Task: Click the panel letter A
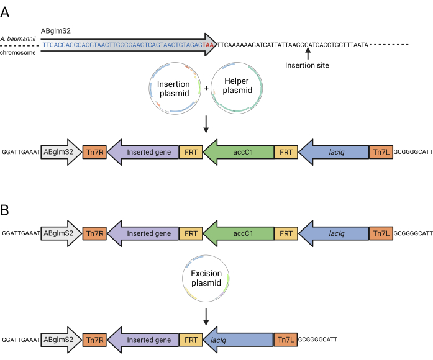click(5, 12)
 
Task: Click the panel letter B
click(4, 210)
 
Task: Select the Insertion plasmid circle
click(149, 89)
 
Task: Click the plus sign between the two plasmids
click(206, 88)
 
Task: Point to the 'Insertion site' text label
click(307, 65)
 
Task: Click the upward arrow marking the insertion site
click(308, 53)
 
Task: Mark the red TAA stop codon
click(208, 45)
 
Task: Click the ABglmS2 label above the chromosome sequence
click(56, 30)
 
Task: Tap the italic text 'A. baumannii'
click(18, 38)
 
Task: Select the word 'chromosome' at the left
click(18, 52)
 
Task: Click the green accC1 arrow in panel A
click(239, 152)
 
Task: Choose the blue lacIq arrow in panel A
click(334, 152)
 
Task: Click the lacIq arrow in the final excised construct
click(238, 340)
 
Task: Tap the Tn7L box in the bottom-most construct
click(286, 340)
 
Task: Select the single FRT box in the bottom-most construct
click(191, 340)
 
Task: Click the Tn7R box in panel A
click(94, 152)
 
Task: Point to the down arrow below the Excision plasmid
click(206, 317)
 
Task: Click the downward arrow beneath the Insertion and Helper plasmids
click(206, 124)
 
